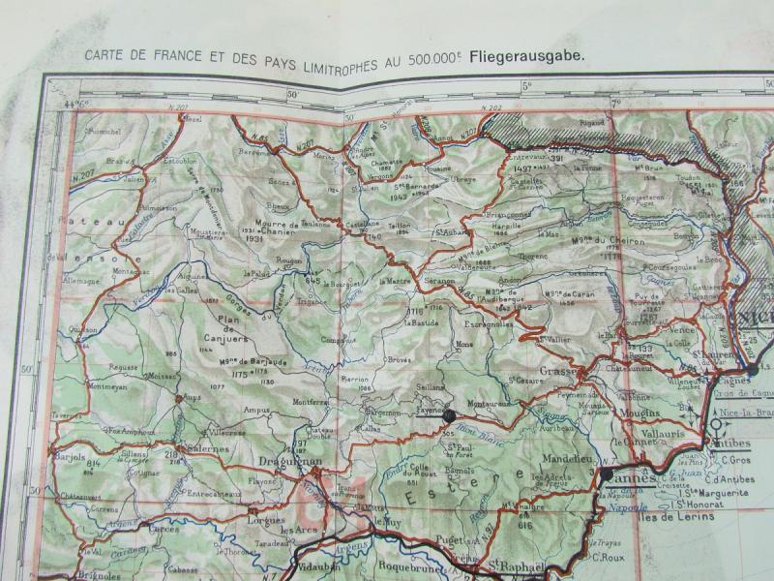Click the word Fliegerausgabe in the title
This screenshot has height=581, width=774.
[527, 55]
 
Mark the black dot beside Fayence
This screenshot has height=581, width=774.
[449, 415]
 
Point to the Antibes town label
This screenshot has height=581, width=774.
[734, 444]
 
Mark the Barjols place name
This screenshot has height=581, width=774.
[71, 453]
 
